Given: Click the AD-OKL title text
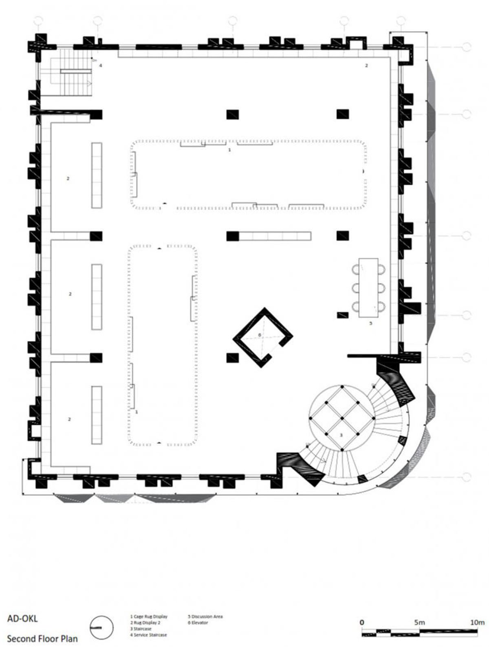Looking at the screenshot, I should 22,619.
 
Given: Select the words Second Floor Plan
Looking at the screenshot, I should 42,638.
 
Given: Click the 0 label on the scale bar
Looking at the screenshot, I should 362,622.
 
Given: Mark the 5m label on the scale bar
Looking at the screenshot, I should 419,622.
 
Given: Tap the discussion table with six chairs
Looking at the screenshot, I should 368,287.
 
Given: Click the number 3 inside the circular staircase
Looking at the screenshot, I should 341,435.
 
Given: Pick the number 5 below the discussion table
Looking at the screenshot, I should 370,323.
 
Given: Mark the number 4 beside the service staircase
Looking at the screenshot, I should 100,65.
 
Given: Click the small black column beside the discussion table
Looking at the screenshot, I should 343,315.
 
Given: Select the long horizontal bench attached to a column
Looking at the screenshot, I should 275,236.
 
